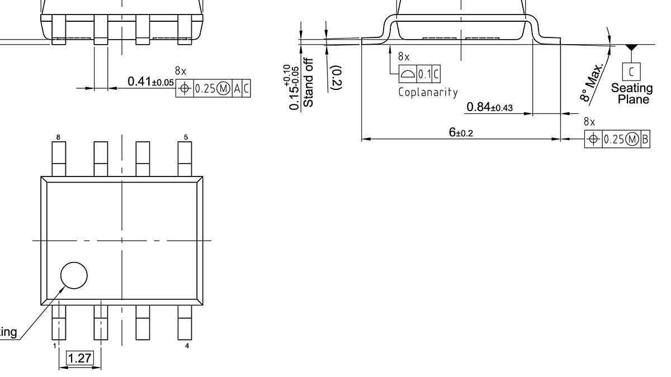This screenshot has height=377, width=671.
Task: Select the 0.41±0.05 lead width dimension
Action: (x=150, y=82)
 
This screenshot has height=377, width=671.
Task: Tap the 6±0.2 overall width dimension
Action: (x=461, y=132)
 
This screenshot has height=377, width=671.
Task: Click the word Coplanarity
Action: (x=428, y=92)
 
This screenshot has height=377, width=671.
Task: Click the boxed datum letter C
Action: (x=631, y=71)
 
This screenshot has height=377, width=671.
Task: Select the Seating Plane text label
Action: (x=631, y=94)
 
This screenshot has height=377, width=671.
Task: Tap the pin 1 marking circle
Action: (x=74, y=275)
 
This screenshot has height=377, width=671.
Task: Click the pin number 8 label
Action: (x=58, y=137)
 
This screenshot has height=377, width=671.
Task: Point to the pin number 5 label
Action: (x=186, y=137)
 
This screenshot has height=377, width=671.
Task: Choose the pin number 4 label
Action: (x=186, y=346)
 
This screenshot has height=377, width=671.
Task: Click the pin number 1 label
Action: (x=55, y=346)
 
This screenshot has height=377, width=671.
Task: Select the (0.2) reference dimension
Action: (x=337, y=77)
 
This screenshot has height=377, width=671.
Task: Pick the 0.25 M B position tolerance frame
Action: (x=617, y=139)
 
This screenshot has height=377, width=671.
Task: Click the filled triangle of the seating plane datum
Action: (x=631, y=49)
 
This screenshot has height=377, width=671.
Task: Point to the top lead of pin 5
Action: (x=185, y=159)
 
